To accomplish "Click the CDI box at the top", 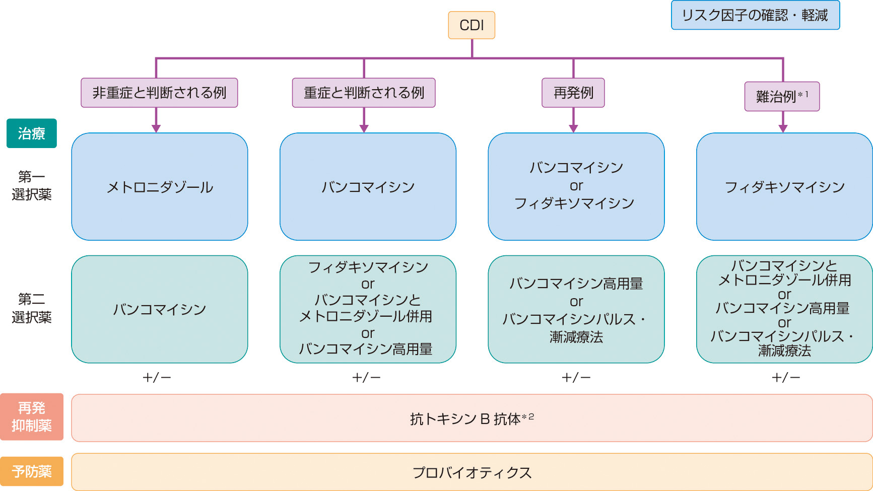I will [x=472, y=25].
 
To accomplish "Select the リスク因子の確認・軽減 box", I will [x=755, y=16].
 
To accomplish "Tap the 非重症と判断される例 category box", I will [x=159, y=93].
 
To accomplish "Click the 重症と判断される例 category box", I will [x=364, y=93].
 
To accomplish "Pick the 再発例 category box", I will [x=573, y=93].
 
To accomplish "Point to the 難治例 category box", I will [x=782, y=96].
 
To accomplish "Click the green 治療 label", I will [x=31, y=133].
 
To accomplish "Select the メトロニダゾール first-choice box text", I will [x=160, y=187].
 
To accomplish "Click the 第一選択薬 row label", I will [x=31, y=185].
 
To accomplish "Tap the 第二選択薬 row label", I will [x=31, y=308].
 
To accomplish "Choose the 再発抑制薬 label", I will [x=31, y=417].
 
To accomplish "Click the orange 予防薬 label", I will [x=31, y=471].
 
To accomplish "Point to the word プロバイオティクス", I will [x=472, y=472].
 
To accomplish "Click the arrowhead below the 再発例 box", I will [x=573, y=128].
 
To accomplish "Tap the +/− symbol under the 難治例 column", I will [x=786, y=377].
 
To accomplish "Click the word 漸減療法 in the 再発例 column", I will [x=576, y=337].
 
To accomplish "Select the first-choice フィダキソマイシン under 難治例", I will [x=784, y=187].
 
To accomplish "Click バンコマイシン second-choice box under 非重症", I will [x=160, y=309].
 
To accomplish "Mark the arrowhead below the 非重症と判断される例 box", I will [x=156, y=128].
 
